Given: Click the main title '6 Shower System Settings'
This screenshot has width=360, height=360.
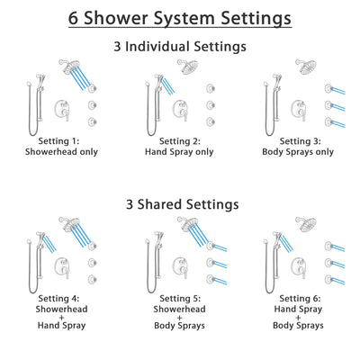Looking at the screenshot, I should pos(180,17).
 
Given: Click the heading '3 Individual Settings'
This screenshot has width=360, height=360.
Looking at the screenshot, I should pos(180,46).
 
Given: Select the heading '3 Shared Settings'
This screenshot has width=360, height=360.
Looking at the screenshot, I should pos(180,204).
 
